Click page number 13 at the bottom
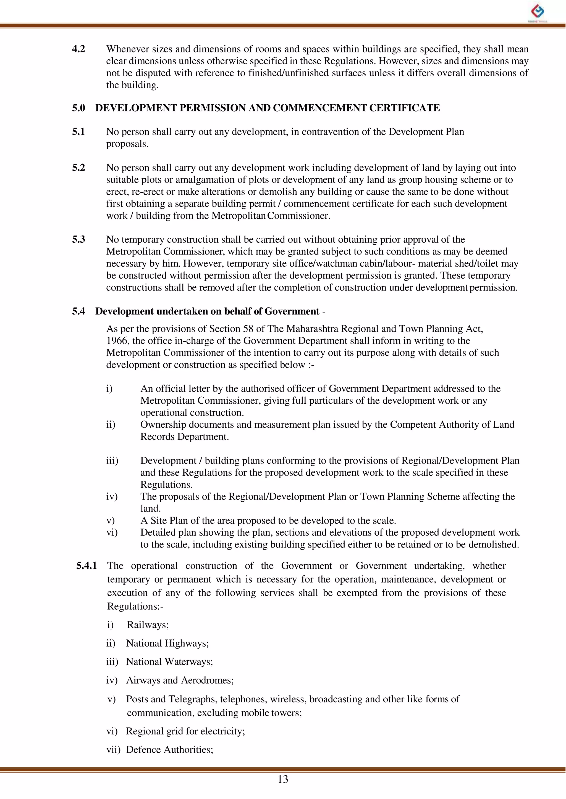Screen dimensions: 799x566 (283, 779)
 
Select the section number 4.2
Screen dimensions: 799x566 (79, 49)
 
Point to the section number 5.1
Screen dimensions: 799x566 (79, 132)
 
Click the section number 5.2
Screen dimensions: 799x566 (79, 168)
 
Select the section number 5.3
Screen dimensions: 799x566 (79, 240)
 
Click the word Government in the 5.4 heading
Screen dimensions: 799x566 (292, 311)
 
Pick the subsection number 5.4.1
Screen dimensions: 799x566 (87, 565)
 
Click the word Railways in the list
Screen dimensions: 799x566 (147, 625)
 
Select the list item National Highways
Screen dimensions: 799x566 (167, 643)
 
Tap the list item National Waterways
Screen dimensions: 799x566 (169, 662)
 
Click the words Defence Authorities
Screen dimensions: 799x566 (169, 749)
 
